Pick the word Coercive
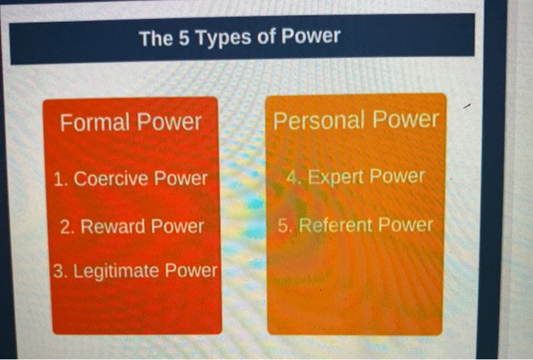[113, 179]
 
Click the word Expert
[338, 177]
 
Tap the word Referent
[336, 225]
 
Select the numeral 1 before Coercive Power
[59, 180]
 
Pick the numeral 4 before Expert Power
[292, 177]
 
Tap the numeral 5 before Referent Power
[283, 225]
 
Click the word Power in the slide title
[311, 37]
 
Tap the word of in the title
[266, 37]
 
